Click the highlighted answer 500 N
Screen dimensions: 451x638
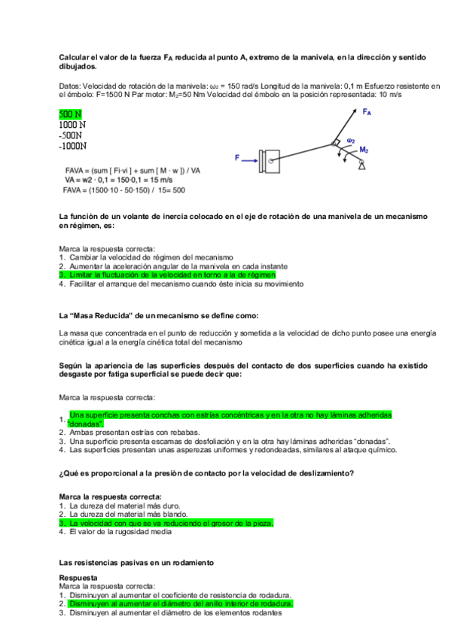[70, 114]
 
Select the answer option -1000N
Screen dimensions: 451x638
[72, 146]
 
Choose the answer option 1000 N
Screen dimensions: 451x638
[72, 125]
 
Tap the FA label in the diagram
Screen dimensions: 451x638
[367, 112]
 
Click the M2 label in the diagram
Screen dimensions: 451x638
[364, 150]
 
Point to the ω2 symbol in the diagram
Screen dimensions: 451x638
[351, 140]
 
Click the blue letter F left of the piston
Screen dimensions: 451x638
[237, 158]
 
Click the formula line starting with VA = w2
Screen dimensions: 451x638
[114, 181]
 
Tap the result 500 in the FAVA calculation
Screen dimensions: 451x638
[178, 190]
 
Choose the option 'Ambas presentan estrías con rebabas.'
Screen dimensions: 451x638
[134, 433]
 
